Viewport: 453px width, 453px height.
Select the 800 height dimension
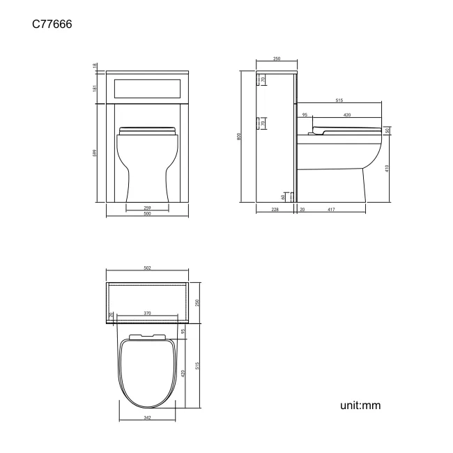click(x=239, y=138)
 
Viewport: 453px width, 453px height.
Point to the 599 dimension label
click(x=95, y=153)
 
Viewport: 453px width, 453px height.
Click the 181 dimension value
click(x=95, y=87)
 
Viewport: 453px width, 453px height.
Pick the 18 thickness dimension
click(x=95, y=66)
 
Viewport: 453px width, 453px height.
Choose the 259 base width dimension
click(x=147, y=207)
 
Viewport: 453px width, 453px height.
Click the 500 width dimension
click(x=147, y=213)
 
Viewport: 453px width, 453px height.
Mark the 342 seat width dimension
click(x=147, y=417)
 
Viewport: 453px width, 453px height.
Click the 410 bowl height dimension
click(x=387, y=168)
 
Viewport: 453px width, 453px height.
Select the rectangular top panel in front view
click(x=147, y=88)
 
